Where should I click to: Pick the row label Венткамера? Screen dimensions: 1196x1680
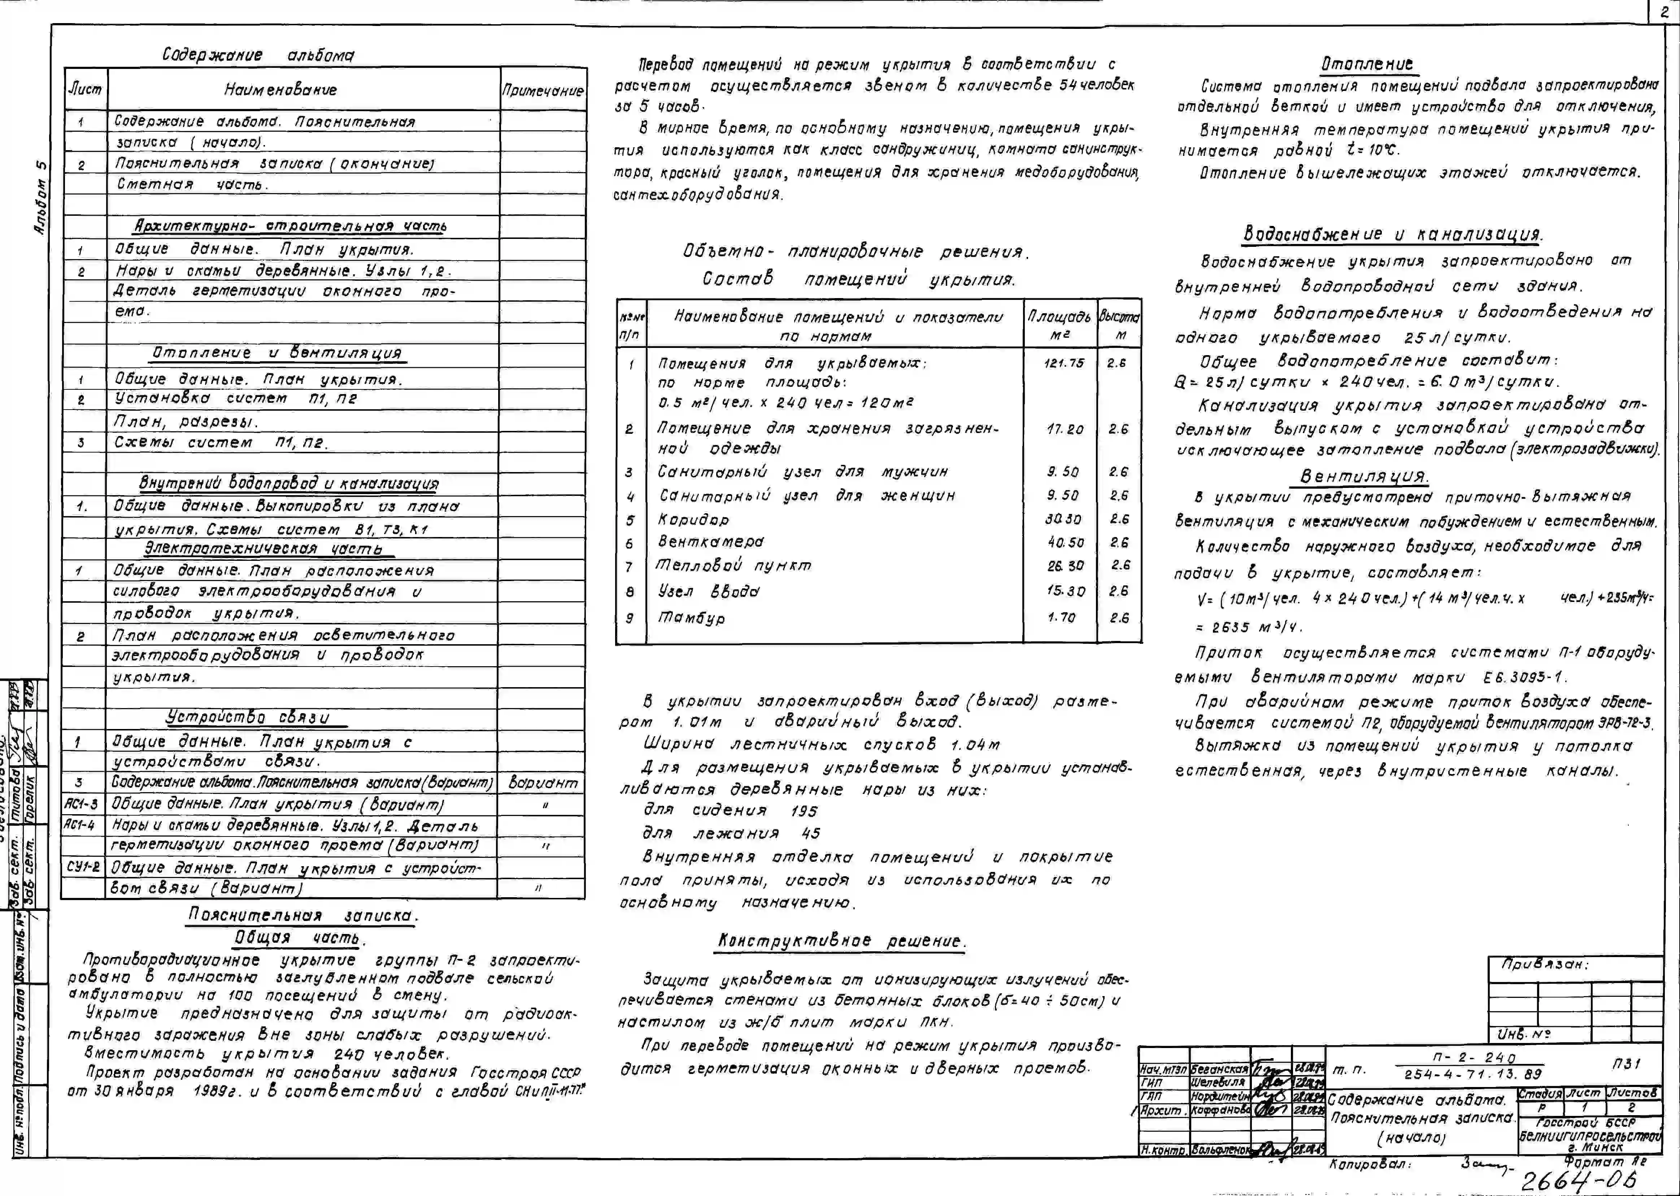[x=711, y=542]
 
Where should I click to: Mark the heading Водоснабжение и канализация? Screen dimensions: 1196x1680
[x=1392, y=234]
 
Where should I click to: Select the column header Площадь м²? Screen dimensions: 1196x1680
[x=1059, y=324]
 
